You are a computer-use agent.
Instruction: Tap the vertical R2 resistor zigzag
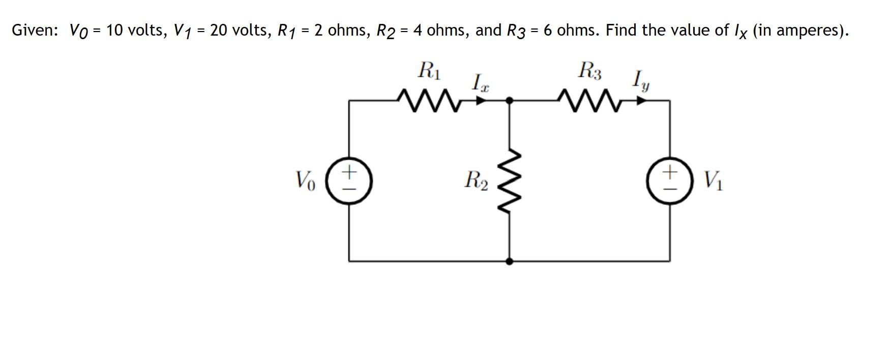(x=510, y=181)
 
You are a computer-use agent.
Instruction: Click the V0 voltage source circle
(x=349, y=181)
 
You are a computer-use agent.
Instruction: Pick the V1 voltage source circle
(x=670, y=181)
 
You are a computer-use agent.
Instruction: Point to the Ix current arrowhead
(x=481, y=101)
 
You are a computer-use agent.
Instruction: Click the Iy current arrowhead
(x=642, y=101)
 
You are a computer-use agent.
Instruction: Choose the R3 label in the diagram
(x=589, y=71)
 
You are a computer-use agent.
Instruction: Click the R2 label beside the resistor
(x=476, y=180)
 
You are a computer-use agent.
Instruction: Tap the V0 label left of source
(x=305, y=180)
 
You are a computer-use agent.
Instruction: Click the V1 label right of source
(x=713, y=180)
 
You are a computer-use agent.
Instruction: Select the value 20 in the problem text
(x=219, y=31)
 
